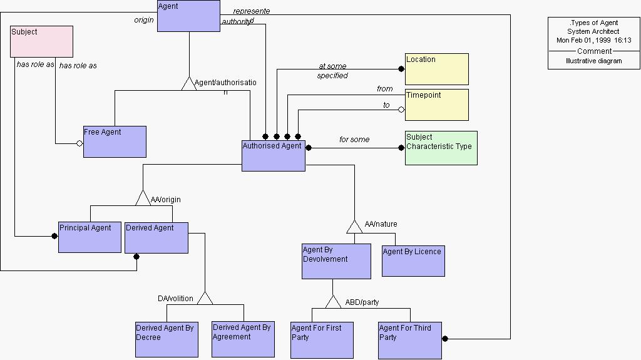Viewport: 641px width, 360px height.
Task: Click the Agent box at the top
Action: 188,16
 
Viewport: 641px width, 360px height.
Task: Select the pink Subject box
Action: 42,41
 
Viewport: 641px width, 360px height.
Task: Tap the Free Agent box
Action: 115,141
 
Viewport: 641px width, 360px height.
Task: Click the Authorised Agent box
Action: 274,155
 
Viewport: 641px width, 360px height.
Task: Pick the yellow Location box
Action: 436,69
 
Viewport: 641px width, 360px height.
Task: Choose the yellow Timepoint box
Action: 436,105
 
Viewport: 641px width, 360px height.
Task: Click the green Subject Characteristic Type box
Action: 441,148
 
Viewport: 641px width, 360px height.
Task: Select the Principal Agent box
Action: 90,237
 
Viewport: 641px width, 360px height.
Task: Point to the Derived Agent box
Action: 156,238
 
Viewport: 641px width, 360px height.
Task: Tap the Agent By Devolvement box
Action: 336,262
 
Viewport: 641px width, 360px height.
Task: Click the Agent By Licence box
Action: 413,260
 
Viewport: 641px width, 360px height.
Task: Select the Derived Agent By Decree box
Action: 167,339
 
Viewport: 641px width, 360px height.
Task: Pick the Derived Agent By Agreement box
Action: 243,339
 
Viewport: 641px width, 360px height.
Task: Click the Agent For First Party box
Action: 322,340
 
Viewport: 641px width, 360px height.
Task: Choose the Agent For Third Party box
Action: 409,340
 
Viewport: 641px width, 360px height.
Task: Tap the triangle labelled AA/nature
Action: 354,226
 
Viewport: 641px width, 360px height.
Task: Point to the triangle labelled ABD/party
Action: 333,302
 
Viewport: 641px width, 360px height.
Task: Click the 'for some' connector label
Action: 354,140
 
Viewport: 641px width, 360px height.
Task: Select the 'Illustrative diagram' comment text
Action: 593,61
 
